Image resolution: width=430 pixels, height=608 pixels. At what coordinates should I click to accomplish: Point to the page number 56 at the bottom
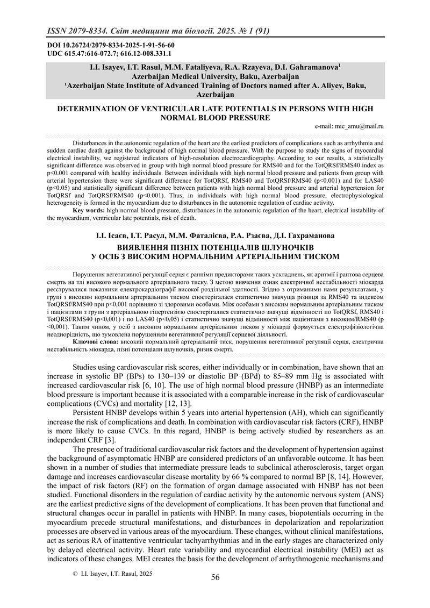tap(215, 577)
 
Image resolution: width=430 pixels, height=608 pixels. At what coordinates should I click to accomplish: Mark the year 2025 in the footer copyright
tap(144, 574)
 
